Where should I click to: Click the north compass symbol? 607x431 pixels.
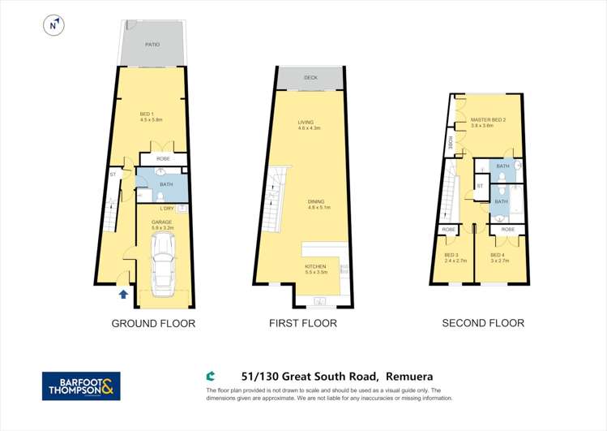(x=53, y=25)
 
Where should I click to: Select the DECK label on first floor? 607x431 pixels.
(x=310, y=78)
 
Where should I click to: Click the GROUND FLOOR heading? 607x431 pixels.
(x=153, y=323)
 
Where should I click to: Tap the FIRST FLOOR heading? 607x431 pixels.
(x=303, y=323)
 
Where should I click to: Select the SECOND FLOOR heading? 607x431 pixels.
(x=483, y=323)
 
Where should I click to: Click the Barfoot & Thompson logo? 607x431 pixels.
(x=81, y=386)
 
